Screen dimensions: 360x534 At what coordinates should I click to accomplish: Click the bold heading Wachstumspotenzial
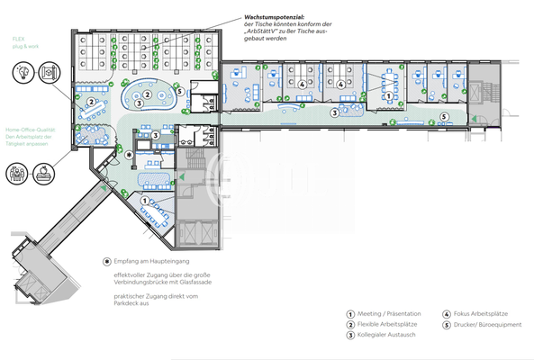coord(274,17)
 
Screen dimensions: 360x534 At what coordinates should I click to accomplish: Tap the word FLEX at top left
coord(18,40)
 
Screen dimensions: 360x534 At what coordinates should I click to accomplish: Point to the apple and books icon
coord(43,172)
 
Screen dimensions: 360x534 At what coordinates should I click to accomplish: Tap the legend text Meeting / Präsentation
coord(389,314)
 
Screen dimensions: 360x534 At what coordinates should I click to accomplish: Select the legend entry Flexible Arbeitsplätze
coord(388,325)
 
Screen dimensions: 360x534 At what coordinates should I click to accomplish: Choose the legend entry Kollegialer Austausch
coord(388,336)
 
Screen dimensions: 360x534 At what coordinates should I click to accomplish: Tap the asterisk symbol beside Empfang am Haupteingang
coord(107,259)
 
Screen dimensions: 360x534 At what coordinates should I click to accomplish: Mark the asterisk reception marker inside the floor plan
coord(129,155)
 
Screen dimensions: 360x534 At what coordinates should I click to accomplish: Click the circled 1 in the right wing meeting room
coord(388,94)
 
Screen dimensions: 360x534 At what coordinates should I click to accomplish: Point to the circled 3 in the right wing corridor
coord(334,112)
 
